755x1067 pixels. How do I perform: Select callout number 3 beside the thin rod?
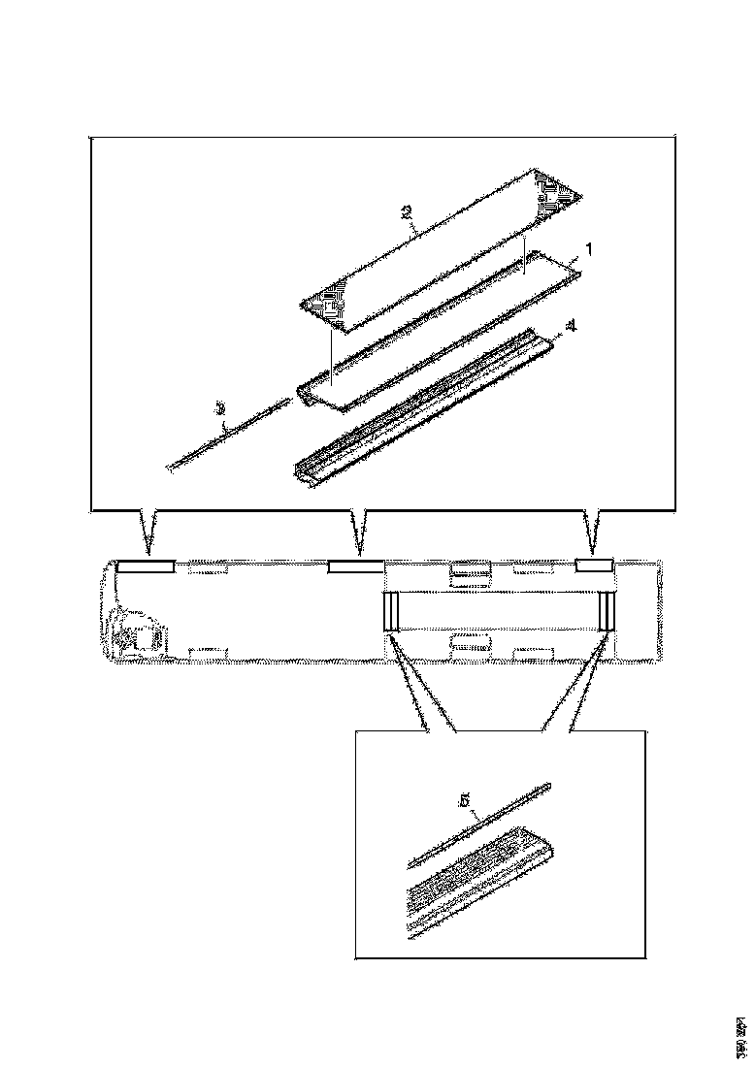[221, 411]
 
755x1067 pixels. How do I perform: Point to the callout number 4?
[573, 328]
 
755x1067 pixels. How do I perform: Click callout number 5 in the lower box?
[465, 801]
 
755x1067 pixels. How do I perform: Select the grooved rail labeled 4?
[427, 407]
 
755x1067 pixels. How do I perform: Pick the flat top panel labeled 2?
[437, 252]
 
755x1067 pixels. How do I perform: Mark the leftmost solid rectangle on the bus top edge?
[146, 566]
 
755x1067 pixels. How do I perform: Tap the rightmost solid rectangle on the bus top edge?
[593, 566]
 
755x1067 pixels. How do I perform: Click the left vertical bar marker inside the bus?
[391, 611]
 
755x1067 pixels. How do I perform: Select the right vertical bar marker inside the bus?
[607, 611]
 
